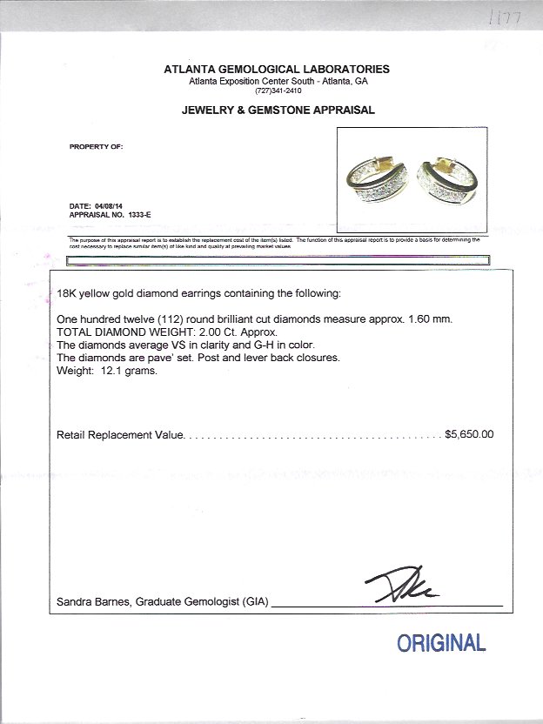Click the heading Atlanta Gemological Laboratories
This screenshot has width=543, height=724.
coord(278,69)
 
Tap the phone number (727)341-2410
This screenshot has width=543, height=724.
coord(278,90)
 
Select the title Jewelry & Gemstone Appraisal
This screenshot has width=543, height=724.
coord(278,111)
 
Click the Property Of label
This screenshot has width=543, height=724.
coord(96,146)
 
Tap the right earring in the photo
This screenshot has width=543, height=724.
coord(446,182)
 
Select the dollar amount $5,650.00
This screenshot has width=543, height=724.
coord(469,433)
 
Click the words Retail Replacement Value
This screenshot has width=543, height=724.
coord(120,434)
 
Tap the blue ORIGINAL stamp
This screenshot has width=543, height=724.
coord(440,644)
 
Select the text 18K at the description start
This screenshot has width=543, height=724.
coord(66,293)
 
